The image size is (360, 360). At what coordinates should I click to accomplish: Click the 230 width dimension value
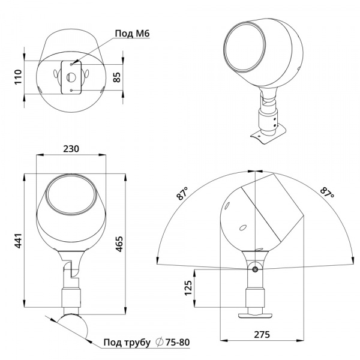[x=71, y=149]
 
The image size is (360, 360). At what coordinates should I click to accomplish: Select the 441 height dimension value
[x=18, y=241]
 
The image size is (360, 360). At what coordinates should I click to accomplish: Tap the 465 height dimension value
[x=119, y=244]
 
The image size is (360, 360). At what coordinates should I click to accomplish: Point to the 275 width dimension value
[x=262, y=335]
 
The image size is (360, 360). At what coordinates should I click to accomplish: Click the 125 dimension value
[x=188, y=287]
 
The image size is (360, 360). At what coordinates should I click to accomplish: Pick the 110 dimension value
[x=18, y=77]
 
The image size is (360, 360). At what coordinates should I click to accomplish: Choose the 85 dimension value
[x=117, y=77]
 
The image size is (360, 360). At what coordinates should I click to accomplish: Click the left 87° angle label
[x=182, y=194]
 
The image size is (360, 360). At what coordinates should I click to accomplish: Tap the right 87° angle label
[x=327, y=192]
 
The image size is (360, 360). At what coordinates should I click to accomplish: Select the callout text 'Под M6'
[x=132, y=34]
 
